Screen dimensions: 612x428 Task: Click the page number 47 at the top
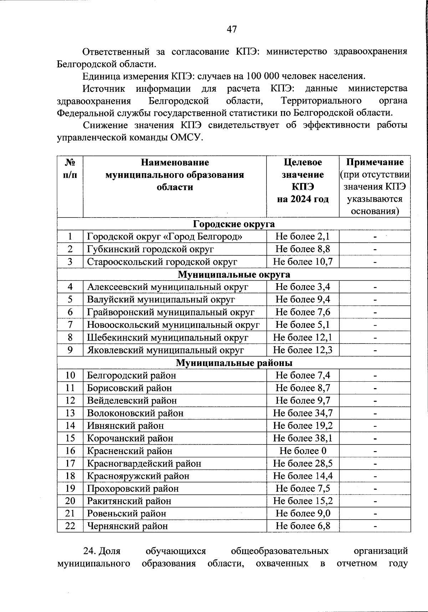coord(231,29)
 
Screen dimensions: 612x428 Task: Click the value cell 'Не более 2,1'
coord(303,236)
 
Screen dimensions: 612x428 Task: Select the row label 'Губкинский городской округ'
coord(151,249)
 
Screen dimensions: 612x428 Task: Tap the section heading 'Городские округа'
coord(234,224)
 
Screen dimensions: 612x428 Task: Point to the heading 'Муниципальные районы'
coord(234,363)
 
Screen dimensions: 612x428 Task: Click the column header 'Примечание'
coord(375,162)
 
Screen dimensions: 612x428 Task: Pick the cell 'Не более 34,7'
coord(303,413)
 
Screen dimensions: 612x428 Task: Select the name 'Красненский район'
coord(130,451)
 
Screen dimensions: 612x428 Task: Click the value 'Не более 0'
coord(303,451)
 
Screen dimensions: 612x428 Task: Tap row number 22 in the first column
coord(70,526)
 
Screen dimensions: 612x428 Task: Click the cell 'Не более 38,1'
coord(303,438)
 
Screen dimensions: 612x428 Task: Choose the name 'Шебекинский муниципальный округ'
coord(168,337)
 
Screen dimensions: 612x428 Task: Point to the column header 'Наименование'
coord(175,162)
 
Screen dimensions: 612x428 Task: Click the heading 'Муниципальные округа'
coord(234,275)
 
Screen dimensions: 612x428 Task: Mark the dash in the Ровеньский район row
coord(375,514)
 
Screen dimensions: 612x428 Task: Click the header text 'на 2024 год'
coord(303,199)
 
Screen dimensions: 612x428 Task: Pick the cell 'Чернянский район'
coord(127,526)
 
